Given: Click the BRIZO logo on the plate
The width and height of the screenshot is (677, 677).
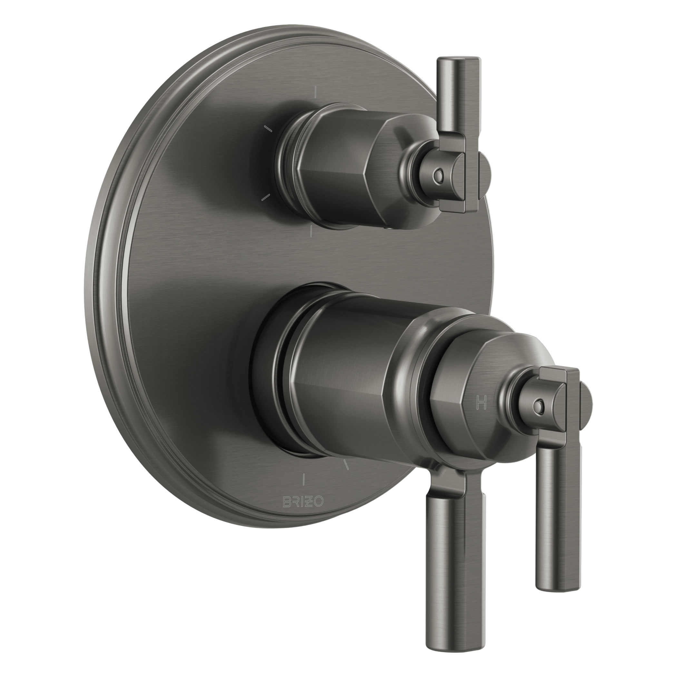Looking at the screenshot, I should tap(303, 503).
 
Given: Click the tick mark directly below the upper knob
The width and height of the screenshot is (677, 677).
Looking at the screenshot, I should tap(311, 231).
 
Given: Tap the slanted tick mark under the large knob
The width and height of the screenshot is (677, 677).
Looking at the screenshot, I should tap(347, 464).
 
